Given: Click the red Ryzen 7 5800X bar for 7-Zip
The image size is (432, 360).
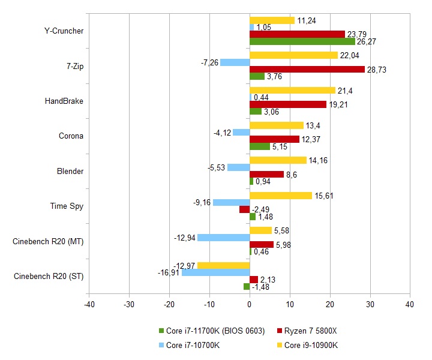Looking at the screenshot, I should (307, 69).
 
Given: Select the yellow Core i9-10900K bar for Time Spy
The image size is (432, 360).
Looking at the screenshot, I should (281, 196).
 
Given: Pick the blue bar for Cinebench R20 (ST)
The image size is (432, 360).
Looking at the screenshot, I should (216, 272).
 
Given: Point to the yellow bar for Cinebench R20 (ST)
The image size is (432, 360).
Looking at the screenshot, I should (224, 266).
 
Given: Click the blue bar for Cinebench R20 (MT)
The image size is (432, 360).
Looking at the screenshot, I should (224, 238).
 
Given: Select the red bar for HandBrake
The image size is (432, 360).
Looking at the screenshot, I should (288, 104).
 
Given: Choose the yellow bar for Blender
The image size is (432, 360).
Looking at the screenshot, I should (278, 160).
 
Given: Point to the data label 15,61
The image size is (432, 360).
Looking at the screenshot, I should (324, 196).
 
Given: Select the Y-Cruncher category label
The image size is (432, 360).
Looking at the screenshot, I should (64, 31).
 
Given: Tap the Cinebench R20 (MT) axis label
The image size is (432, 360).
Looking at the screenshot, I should (48, 241).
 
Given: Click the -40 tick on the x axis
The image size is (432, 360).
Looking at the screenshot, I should (89, 304).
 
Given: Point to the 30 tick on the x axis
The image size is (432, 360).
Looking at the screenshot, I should (370, 304).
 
